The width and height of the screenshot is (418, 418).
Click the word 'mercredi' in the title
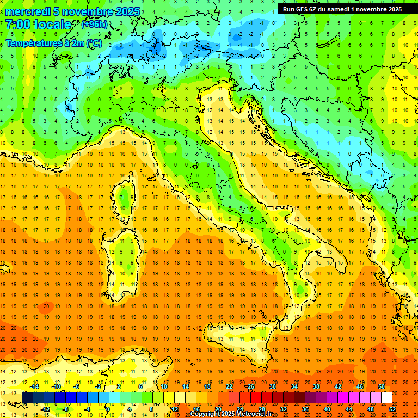coord(28,11)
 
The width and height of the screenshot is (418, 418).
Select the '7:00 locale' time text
coord(38,25)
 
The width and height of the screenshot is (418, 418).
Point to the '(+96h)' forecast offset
coord(94,24)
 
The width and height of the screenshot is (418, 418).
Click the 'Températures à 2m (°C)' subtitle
coord(53,43)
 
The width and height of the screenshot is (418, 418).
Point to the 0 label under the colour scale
coord(108,409)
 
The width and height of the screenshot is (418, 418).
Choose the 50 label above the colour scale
coord(382,386)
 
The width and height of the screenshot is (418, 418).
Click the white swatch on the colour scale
coord(386,398)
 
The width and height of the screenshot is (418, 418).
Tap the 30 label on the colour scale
coord(273,386)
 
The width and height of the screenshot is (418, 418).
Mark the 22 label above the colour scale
coord(229,386)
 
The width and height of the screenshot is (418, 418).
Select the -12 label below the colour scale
coord(45,409)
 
